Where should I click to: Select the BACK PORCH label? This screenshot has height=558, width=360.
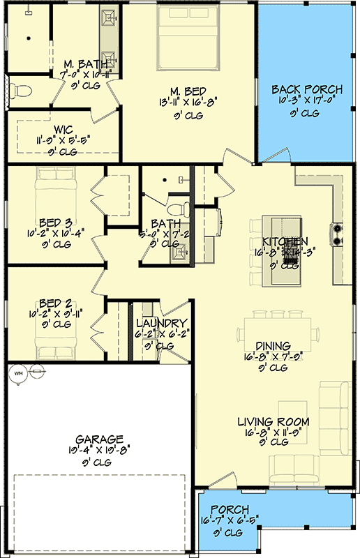coord(307,89)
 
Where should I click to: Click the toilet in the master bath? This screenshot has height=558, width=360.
coord(21,90)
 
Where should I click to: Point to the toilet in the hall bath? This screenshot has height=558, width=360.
coord(180,207)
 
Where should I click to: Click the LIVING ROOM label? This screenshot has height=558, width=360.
coord(273,422)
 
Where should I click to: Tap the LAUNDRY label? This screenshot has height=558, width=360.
coord(161,324)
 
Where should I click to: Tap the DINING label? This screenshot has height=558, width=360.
coord(273,345)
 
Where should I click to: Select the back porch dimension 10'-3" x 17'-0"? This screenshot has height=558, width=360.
coord(307,101)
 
